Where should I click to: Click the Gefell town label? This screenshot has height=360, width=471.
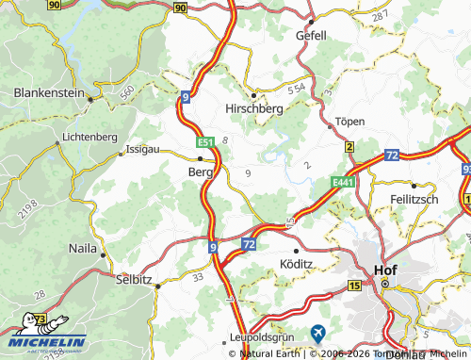tap(310, 35)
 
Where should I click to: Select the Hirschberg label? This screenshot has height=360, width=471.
tap(255, 109)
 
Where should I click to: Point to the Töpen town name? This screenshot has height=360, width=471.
tap(349, 123)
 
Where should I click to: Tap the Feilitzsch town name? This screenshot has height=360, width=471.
tap(414, 200)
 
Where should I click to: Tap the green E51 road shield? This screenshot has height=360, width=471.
tap(205, 142)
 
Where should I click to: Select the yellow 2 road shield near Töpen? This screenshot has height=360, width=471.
tap(349, 146)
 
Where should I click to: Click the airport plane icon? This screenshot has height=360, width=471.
tap(318, 333)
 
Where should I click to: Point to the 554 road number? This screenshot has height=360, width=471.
tap(296, 88)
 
